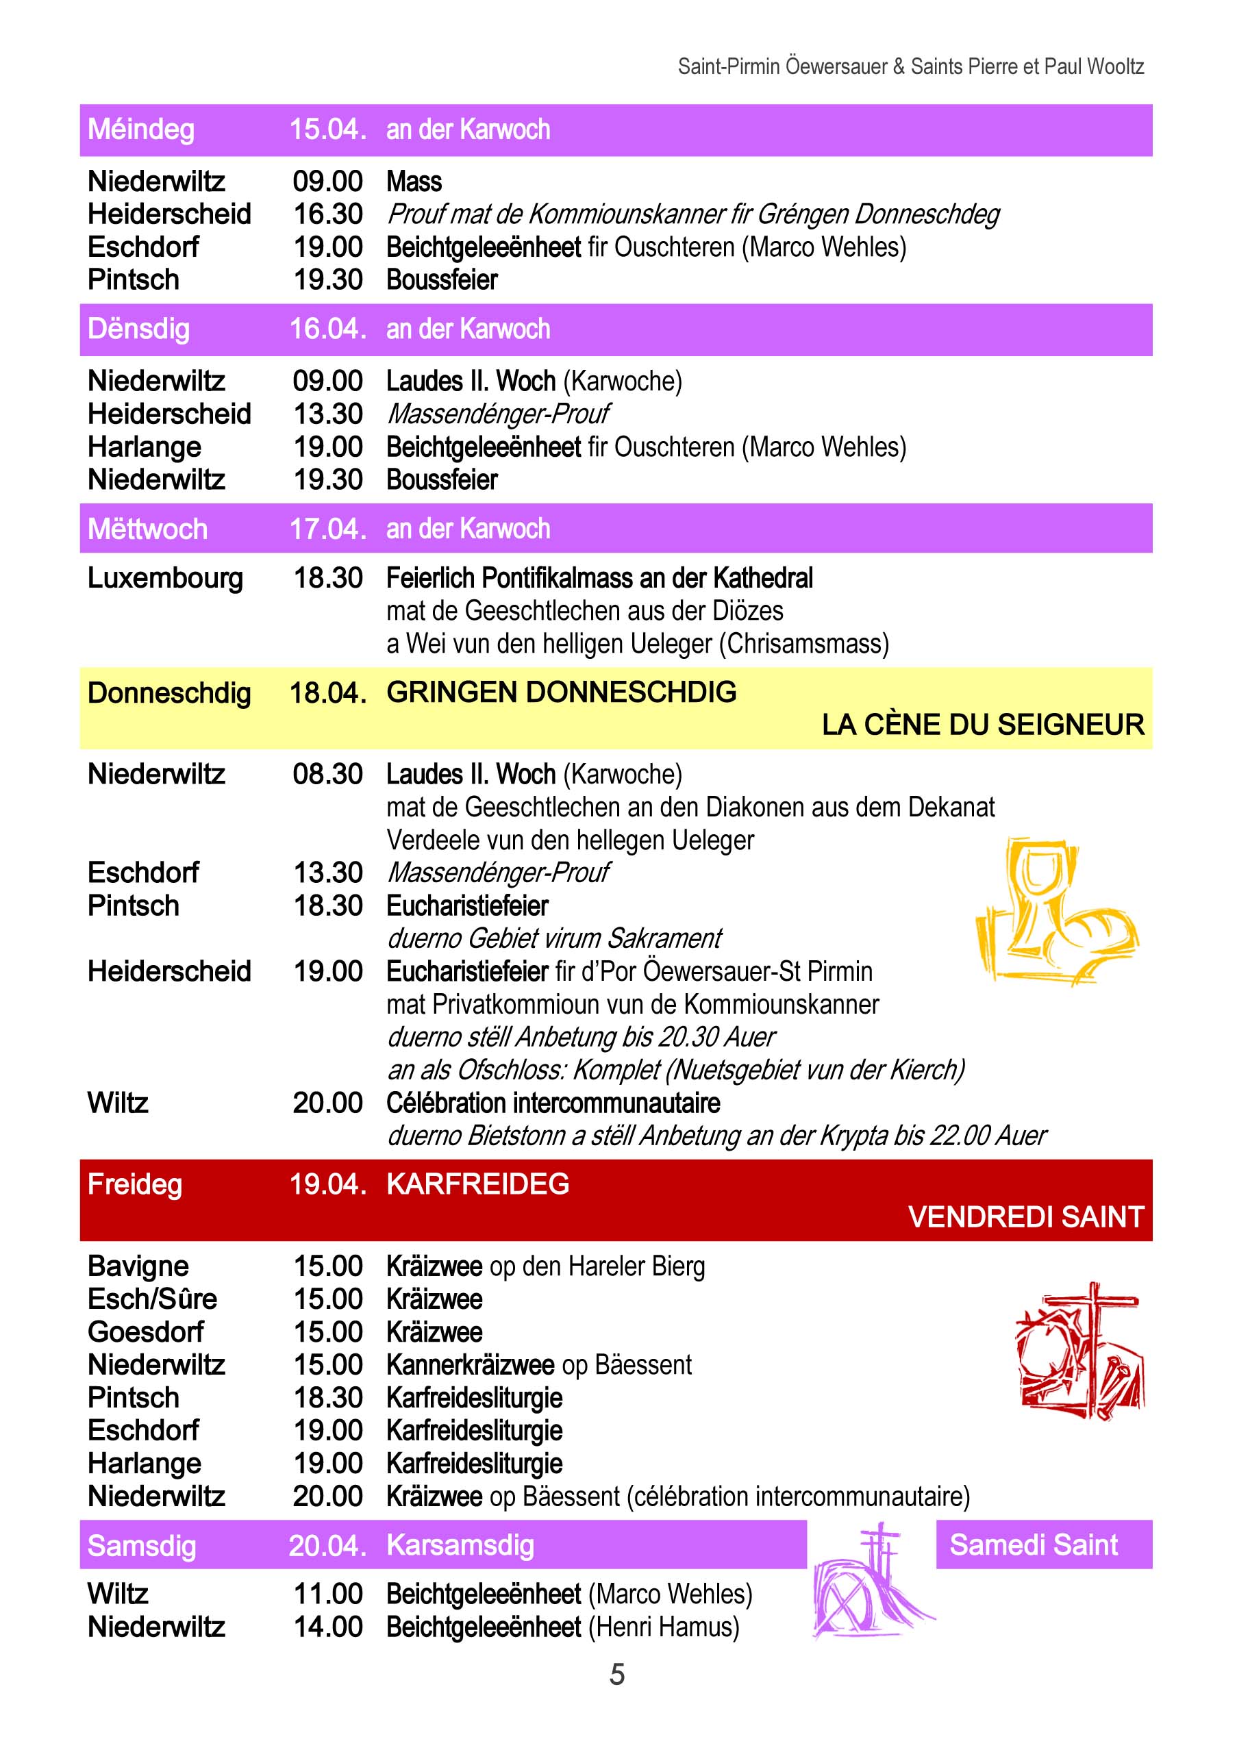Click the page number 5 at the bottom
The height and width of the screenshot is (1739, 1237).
tap(617, 1674)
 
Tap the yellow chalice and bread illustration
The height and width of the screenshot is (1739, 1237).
tap(1055, 910)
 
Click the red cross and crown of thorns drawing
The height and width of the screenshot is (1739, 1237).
tap(1080, 1351)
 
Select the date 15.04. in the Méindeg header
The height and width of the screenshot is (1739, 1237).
tap(327, 130)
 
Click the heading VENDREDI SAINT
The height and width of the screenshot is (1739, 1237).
tap(1025, 1217)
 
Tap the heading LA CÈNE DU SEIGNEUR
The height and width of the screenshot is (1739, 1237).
tap(983, 725)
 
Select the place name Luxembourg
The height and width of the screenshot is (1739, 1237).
tap(165, 578)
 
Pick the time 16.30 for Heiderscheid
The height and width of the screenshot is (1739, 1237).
tap(328, 215)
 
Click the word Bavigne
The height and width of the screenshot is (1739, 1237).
tap(138, 1266)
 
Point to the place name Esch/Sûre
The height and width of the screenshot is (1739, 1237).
tap(152, 1299)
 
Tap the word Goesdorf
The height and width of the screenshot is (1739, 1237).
tap(145, 1331)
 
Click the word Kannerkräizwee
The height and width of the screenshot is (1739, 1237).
tap(471, 1364)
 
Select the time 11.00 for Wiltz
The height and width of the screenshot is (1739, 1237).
tap(328, 1594)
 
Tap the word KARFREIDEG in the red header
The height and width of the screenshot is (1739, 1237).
tap(477, 1184)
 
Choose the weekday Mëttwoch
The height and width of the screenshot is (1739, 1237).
tap(147, 529)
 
